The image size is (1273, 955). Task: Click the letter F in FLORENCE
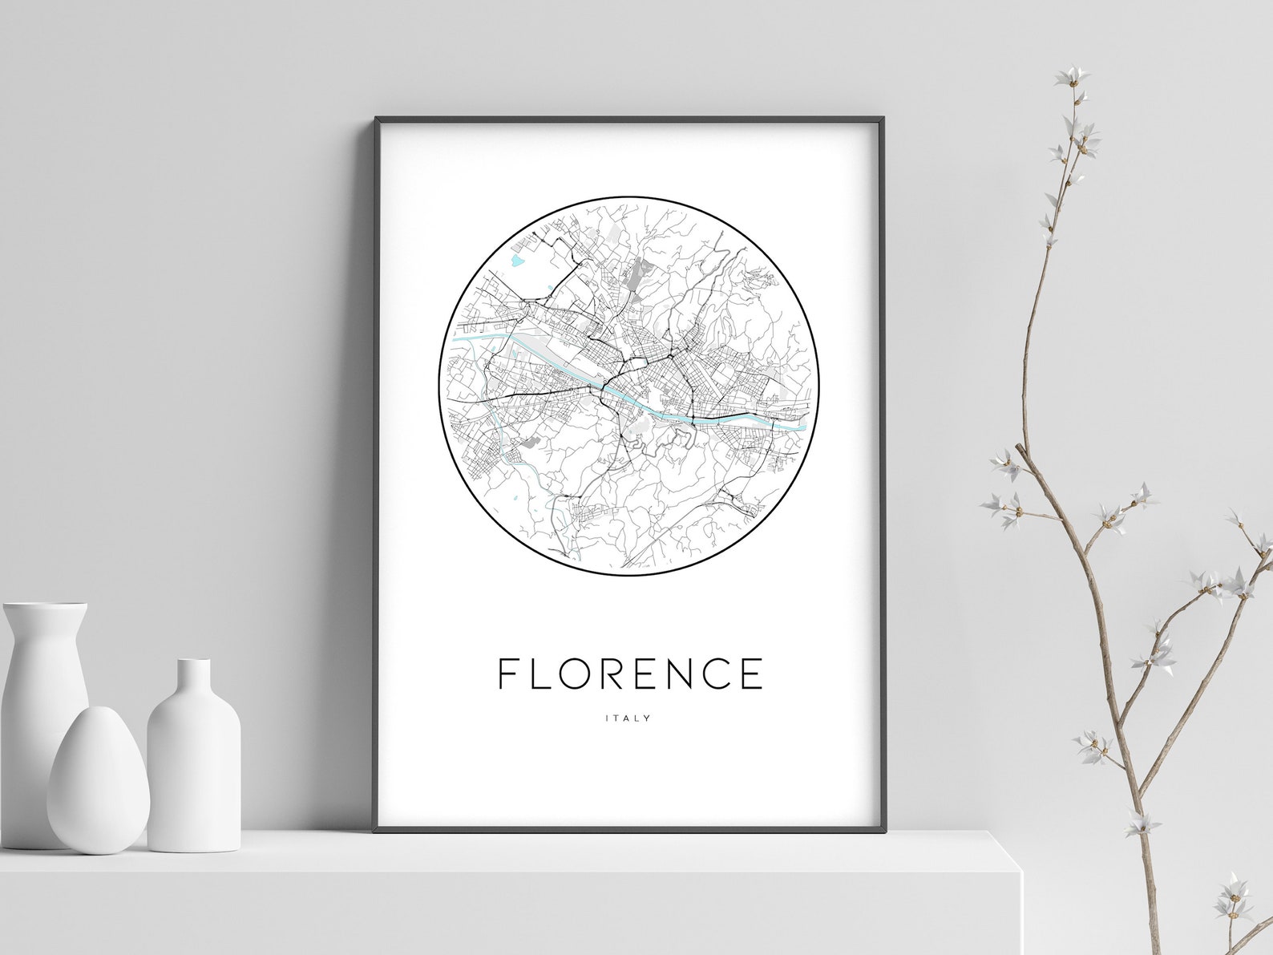[x=507, y=674]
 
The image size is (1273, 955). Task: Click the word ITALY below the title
[x=628, y=718]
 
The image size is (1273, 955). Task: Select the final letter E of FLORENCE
[x=751, y=674]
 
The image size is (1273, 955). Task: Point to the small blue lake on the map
[x=517, y=261]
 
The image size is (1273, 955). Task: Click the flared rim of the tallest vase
[x=45, y=609]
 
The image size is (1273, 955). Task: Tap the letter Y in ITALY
[x=648, y=718]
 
